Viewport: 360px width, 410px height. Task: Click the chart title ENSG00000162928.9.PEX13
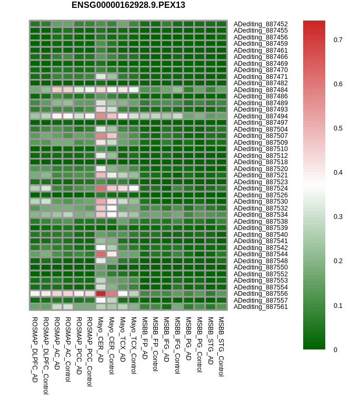pyautogui.click(x=128, y=5)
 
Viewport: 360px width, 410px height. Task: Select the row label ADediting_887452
pyautogui.click(x=261, y=24)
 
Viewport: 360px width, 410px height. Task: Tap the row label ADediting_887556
pyautogui.click(x=261, y=294)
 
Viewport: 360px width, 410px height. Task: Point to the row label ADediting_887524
pyautogui.click(x=261, y=188)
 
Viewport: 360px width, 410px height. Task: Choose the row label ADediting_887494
pyautogui.click(x=261, y=116)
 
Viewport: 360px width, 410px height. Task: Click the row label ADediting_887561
pyautogui.click(x=261, y=307)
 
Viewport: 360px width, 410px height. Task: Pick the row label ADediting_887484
pyautogui.click(x=261, y=89)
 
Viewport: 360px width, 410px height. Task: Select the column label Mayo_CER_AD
pyautogui.click(x=101, y=339)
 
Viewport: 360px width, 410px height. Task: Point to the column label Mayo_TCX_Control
pyautogui.click(x=134, y=345)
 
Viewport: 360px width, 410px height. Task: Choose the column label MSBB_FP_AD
pyautogui.click(x=144, y=337)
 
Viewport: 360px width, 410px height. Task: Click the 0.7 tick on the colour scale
pyautogui.click(x=338, y=40)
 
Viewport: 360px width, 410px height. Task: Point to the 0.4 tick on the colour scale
pyautogui.click(x=338, y=173)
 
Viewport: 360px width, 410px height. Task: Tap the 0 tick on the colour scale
pyautogui.click(x=335, y=349)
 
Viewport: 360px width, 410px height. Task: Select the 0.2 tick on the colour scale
pyautogui.click(x=338, y=261)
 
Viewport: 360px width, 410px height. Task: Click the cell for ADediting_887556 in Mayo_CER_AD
pyautogui.click(x=101, y=294)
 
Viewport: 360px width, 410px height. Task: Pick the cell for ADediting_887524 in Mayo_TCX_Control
pyautogui.click(x=134, y=188)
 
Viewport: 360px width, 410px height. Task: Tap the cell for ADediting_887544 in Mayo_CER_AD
pyautogui.click(x=101, y=254)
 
